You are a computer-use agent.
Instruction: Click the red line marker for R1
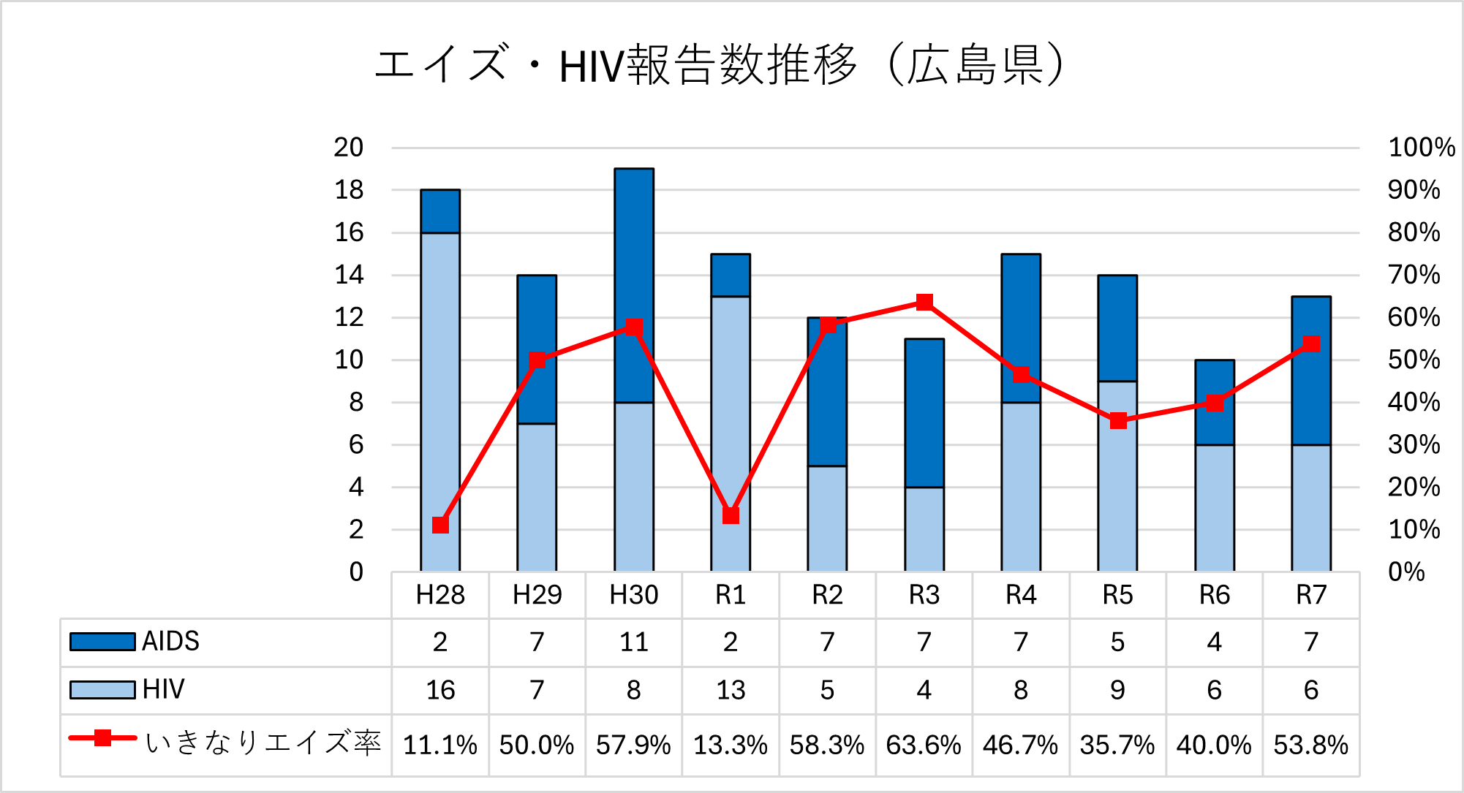click(731, 515)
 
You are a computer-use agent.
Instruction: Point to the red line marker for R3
click(924, 302)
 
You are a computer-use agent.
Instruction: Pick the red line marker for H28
click(440, 525)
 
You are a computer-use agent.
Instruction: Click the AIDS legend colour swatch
click(102, 642)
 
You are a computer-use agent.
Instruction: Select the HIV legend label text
click(164, 689)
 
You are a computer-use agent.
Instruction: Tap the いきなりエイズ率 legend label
click(263, 742)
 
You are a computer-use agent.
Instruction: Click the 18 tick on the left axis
click(349, 190)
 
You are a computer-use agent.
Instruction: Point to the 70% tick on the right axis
click(1414, 275)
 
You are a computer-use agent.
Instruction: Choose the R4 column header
click(1021, 595)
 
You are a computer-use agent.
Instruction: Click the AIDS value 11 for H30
click(634, 642)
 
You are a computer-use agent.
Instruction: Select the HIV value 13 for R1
click(731, 689)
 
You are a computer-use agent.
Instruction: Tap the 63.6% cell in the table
click(924, 745)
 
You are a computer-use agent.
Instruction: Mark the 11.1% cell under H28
click(440, 745)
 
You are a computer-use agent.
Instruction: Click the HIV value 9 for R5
click(1117, 689)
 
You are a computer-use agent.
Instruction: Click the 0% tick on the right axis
click(1406, 572)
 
